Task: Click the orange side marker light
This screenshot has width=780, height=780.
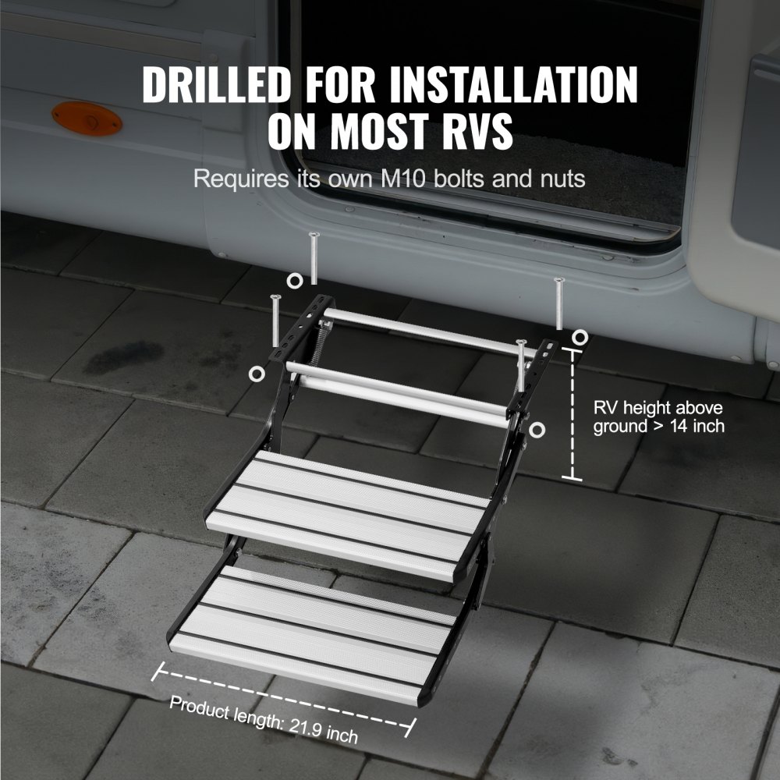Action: point(87,119)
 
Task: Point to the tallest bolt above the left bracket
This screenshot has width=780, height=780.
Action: point(313,258)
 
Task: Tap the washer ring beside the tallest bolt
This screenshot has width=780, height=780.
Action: point(294,281)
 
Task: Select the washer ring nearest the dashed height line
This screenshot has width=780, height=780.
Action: point(580,336)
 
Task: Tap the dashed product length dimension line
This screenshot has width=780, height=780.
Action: point(285,697)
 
